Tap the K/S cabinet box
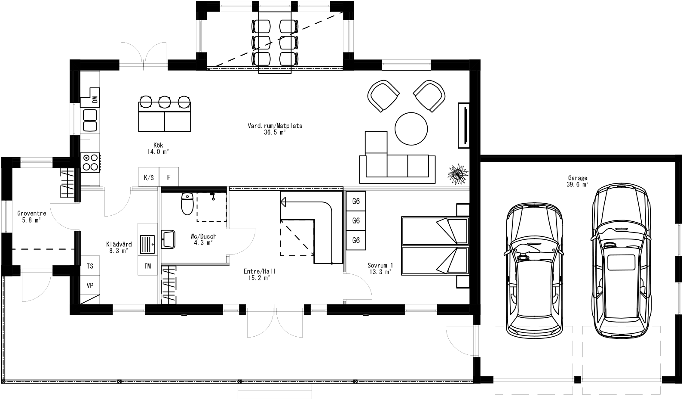(149, 177)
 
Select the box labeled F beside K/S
(169, 177)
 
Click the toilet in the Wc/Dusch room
(187, 204)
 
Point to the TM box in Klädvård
(148, 266)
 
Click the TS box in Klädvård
(90, 266)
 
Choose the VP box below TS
(90, 285)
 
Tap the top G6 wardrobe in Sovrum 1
(356, 201)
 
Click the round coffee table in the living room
(411, 129)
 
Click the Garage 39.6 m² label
(577, 181)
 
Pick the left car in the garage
(534, 271)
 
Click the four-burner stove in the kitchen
(91, 162)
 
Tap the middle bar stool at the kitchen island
(165, 102)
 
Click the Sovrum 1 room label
(380, 268)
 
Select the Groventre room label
(31, 216)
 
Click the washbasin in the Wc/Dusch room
(168, 239)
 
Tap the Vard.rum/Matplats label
(275, 129)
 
